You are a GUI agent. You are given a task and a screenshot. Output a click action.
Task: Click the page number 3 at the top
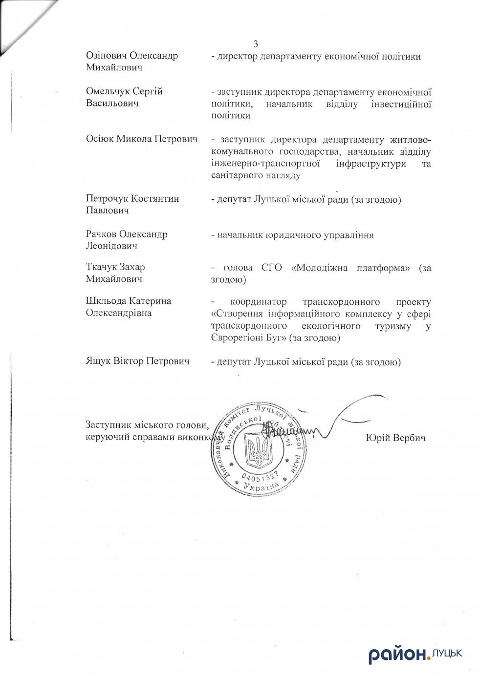pos(256,44)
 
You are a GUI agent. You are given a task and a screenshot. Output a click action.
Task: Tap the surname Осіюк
pos(100,139)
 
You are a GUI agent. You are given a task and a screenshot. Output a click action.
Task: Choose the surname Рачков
pos(101,234)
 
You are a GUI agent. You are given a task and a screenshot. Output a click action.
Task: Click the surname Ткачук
pos(101,267)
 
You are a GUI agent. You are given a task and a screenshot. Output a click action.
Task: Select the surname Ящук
pos(98,361)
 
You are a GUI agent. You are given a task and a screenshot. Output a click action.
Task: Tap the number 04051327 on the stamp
pos(260,475)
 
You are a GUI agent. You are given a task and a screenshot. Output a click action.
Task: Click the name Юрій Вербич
pos(395,438)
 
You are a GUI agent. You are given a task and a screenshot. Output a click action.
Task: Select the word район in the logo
pos(397,655)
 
